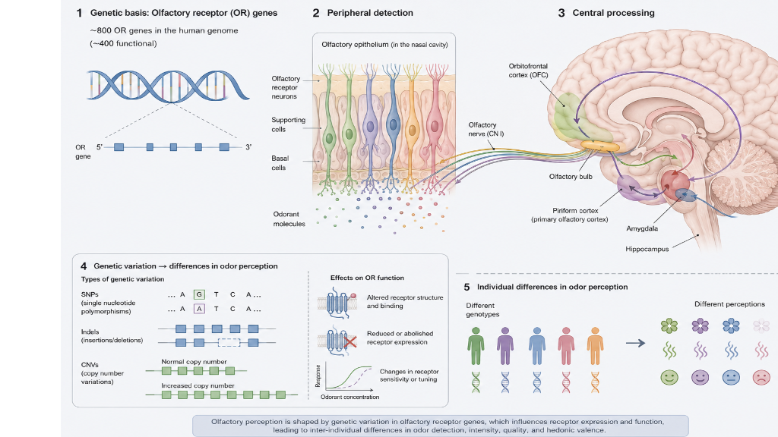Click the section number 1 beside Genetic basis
coord(79,13)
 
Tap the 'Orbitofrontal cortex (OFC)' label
coord(528,71)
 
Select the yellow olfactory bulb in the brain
coord(600,146)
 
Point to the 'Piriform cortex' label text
coord(575,211)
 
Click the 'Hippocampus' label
coord(647,249)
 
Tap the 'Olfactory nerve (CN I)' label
coord(485,129)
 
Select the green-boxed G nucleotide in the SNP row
coord(199,294)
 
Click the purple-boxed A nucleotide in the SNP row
coord(199,309)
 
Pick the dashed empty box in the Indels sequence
coord(229,342)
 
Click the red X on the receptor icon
coord(350,342)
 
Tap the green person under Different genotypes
coord(476,346)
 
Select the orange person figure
coord(595,346)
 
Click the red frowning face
coord(761,378)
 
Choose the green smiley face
coord(669,378)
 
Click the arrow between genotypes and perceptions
coord(635,343)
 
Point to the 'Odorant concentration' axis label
coord(349,397)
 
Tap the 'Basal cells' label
coord(280,163)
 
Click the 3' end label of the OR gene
coord(248,147)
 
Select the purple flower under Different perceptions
coord(700,325)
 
